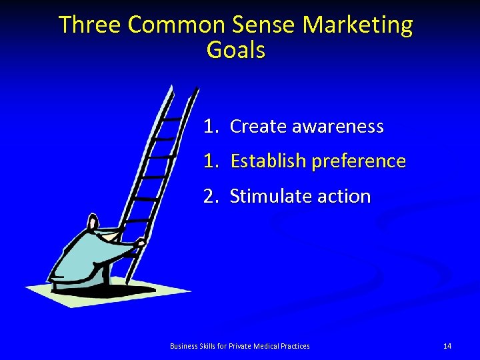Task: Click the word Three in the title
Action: pyautogui.click(x=91, y=25)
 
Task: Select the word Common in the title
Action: pyautogui.click(x=177, y=25)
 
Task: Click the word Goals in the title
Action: pyautogui.click(x=236, y=50)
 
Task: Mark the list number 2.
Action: pyautogui.click(x=211, y=197)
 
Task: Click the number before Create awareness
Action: pyautogui.click(x=211, y=126)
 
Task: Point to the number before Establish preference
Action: pyautogui.click(x=211, y=161)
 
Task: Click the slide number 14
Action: pyautogui.click(x=447, y=346)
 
